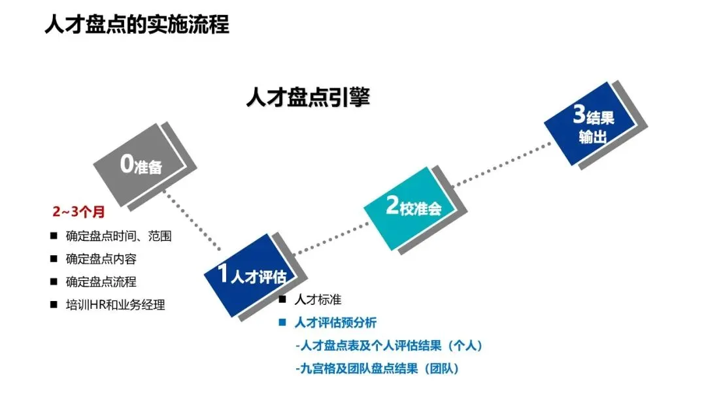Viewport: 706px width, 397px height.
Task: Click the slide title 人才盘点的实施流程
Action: [137, 24]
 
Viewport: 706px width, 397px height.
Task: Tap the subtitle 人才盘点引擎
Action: [308, 97]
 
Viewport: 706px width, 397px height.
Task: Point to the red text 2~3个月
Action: [78, 212]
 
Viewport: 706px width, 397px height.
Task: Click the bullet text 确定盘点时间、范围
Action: [118, 236]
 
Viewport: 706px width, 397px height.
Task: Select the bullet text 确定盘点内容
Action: [101, 259]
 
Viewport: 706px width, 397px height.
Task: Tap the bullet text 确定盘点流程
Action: [101, 281]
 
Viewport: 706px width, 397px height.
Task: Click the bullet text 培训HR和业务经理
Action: [115, 304]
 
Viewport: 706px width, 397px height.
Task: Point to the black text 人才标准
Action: [318, 300]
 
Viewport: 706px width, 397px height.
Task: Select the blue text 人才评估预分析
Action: [335, 323]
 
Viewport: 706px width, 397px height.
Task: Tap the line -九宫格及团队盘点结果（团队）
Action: [377, 368]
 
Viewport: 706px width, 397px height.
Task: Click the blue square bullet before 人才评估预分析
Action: [282, 323]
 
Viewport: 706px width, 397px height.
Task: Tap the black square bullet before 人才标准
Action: [282, 300]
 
